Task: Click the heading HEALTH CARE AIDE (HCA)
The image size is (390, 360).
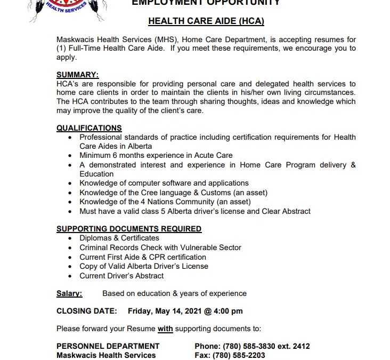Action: click(x=206, y=21)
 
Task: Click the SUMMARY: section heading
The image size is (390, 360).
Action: click(x=77, y=75)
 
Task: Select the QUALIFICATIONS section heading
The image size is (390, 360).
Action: click(x=89, y=128)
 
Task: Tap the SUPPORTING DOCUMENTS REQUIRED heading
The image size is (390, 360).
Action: click(x=129, y=229)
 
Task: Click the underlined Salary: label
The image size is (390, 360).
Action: click(x=69, y=293)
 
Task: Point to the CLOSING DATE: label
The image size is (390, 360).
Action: click(x=86, y=311)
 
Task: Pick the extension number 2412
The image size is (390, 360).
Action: click(x=300, y=346)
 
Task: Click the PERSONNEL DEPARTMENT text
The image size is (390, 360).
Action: click(x=108, y=346)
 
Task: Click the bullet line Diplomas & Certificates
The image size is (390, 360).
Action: click(x=119, y=238)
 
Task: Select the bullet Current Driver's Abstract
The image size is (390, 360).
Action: click(x=121, y=276)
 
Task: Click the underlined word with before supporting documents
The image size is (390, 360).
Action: click(x=165, y=329)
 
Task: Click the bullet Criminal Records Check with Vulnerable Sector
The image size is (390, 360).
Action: click(x=160, y=247)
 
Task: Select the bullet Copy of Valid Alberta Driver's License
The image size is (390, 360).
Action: click(x=144, y=266)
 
